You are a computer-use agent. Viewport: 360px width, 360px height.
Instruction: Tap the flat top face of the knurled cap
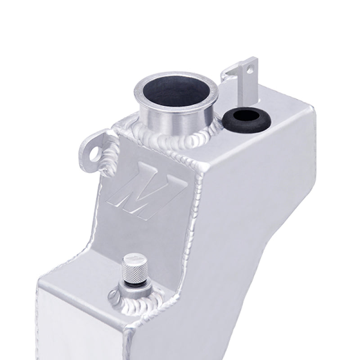131,260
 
